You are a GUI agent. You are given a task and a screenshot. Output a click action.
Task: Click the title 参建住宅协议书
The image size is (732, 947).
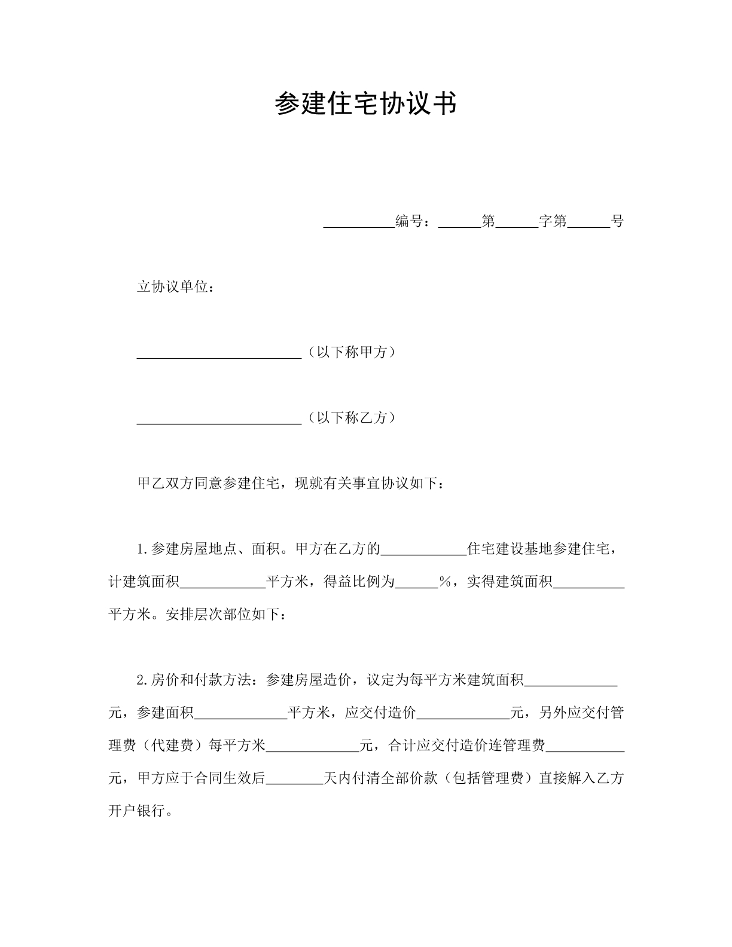(x=365, y=103)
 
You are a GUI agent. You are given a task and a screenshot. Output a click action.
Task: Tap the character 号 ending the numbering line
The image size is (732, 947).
(x=617, y=222)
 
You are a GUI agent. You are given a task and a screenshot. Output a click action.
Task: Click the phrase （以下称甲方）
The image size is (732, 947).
(x=350, y=352)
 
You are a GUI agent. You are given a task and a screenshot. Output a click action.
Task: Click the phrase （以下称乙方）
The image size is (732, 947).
(x=350, y=418)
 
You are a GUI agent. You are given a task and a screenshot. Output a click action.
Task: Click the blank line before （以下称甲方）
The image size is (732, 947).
(x=219, y=354)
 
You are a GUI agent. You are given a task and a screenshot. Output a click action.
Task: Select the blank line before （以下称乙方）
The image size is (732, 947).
(x=219, y=420)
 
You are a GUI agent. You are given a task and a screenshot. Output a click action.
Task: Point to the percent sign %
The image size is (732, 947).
(x=444, y=582)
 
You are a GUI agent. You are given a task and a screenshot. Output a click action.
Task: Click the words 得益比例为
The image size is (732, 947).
(x=359, y=582)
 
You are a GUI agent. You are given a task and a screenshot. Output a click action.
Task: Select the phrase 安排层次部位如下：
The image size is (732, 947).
(x=226, y=615)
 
